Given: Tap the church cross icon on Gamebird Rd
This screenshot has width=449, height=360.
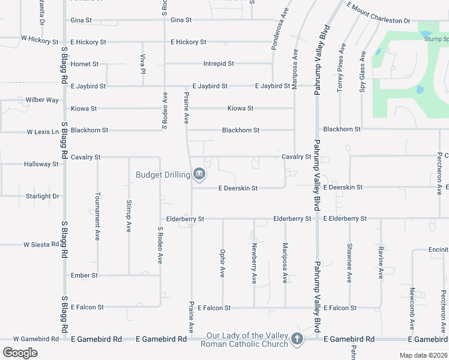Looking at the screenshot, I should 296,340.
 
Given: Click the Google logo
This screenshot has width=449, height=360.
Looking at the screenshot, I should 20,353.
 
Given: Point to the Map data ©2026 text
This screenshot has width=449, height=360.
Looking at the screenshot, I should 423,355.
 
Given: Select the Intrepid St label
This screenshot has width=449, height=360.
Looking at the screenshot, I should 218,64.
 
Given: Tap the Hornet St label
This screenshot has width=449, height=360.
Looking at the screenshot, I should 85,64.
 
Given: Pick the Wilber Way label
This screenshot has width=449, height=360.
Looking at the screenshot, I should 42,100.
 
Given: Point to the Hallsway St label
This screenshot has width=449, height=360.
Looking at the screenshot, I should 41,164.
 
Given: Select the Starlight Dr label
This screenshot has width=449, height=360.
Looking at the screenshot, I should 42,196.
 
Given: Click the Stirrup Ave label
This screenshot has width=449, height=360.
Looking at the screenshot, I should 128,217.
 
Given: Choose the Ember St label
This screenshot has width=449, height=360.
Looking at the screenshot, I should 84,275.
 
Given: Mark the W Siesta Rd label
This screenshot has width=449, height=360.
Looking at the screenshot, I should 43,245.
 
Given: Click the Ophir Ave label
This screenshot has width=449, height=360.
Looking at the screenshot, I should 223,263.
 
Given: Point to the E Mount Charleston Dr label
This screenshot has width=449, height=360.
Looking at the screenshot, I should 378,15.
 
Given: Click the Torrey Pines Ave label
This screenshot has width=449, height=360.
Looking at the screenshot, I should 342,62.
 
